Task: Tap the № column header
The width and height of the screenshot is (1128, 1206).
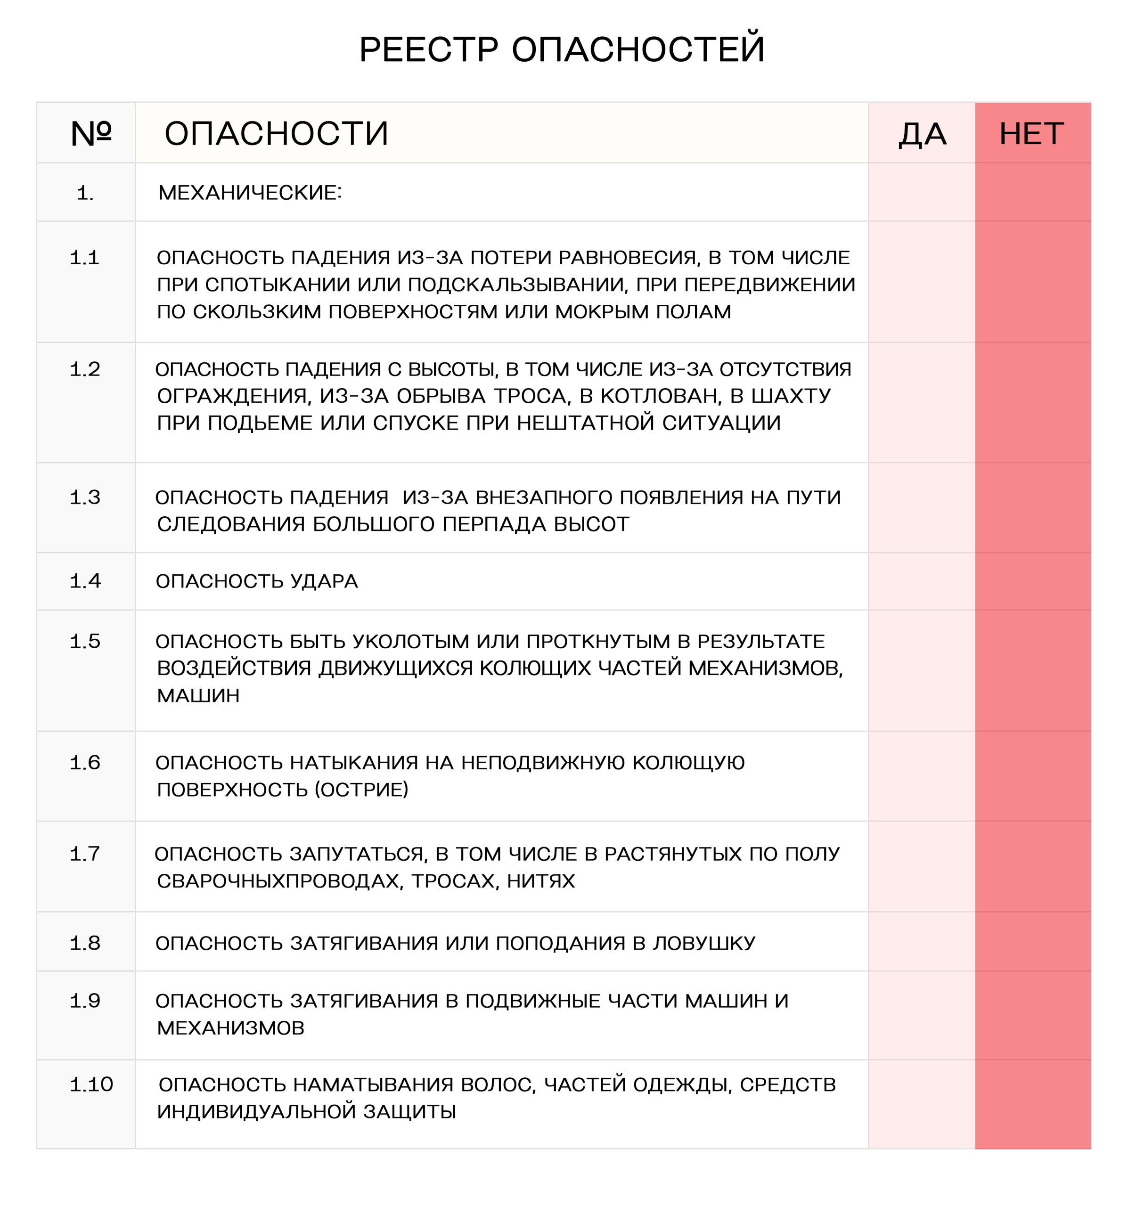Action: [91, 133]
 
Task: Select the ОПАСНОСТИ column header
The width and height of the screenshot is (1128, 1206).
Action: [276, 133]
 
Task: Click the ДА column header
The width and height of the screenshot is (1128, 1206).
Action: [922, 133]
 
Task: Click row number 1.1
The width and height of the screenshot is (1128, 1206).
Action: [84, 258]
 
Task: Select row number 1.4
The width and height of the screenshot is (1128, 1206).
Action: [85, 581]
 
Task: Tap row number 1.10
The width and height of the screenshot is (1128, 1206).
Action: [91, 1084]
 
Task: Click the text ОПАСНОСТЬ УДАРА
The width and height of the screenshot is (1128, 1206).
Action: [257, 581]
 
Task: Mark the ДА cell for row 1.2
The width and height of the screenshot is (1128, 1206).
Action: [922, 402]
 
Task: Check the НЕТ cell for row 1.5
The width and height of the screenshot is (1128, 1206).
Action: [1032, 670]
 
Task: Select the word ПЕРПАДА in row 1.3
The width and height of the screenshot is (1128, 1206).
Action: [485, 524]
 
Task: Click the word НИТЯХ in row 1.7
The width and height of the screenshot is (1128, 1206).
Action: [540, 881]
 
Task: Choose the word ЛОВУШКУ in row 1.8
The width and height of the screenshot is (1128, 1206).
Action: [704, 943]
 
